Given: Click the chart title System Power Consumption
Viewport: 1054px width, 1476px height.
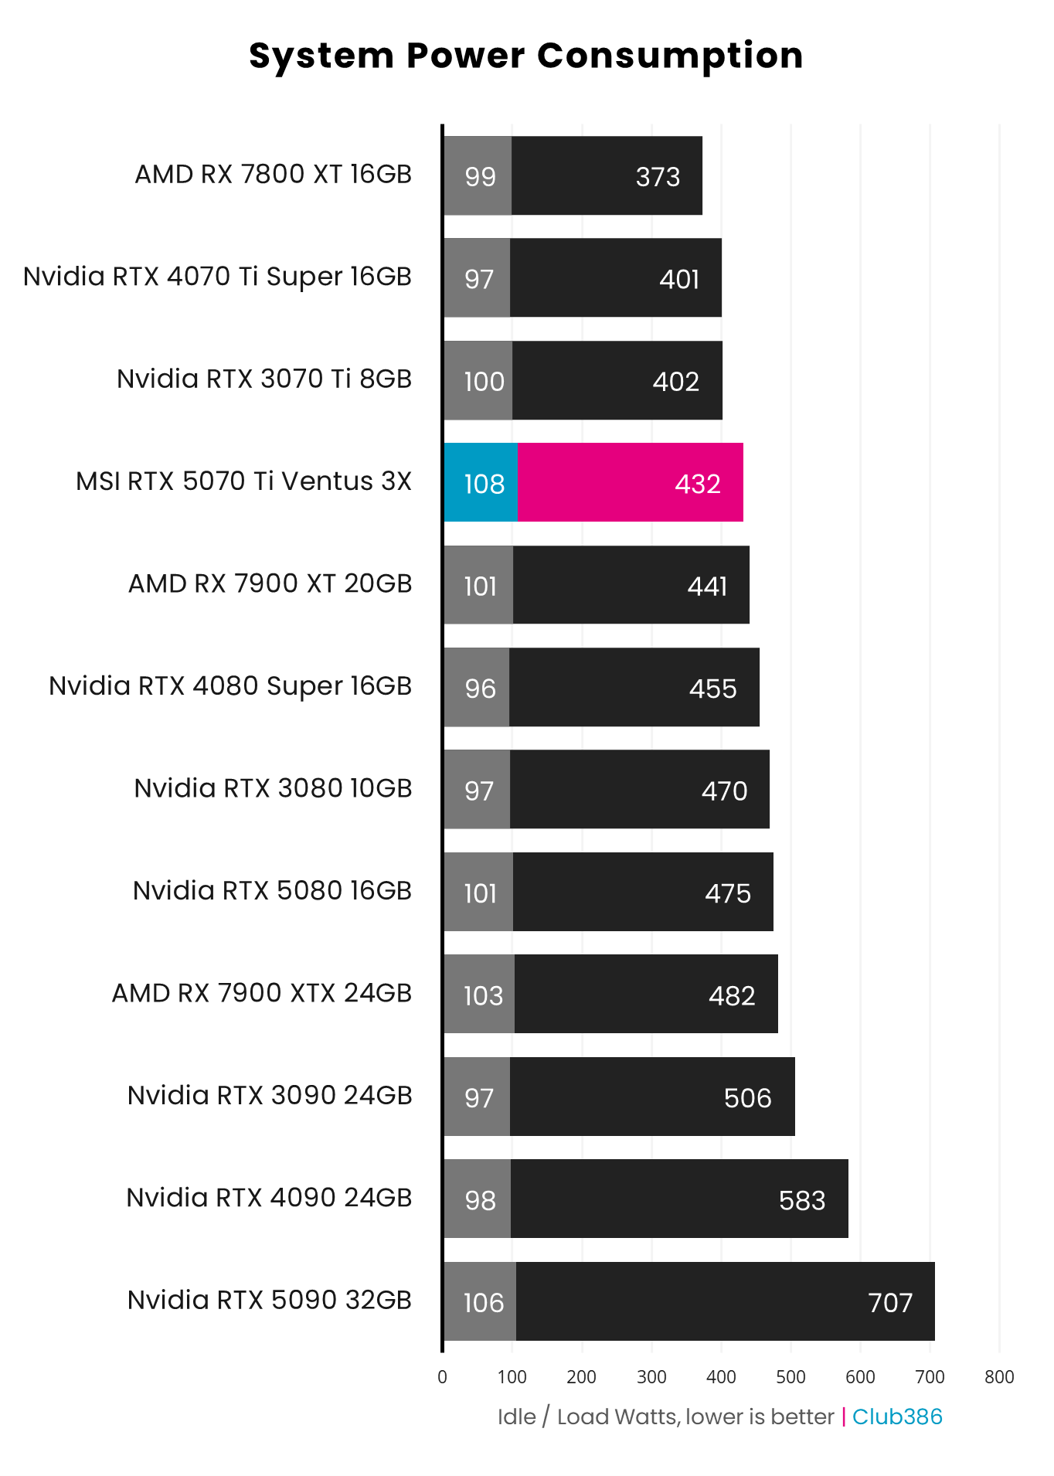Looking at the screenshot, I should pyautogui.click(x=526, y=56).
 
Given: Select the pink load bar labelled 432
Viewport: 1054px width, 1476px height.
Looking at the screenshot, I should pyautogui.click(x=630, y=483).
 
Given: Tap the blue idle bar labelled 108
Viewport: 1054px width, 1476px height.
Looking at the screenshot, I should pyautogui.click(x=481, y=483).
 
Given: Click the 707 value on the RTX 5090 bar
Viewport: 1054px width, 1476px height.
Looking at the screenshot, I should pyautogui.click(x=890, y=1303).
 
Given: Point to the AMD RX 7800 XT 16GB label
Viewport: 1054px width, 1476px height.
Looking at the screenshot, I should pyautogui.click(x=274, y=175).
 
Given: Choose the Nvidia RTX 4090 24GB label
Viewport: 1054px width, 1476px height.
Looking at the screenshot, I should pyautogui.click(x=269, y=1198).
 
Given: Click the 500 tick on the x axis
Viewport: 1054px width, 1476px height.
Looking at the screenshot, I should pyautogui.click(x=790, y=1377).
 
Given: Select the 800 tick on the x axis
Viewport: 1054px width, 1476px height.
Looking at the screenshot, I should pyautogui.click(x=999, y=1377).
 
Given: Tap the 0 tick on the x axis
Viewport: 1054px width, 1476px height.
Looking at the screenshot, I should pyautogui.click(x=442, y=1377).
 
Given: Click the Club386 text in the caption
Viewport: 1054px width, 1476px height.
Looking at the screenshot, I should pyautogui.click(x=897, y=1416).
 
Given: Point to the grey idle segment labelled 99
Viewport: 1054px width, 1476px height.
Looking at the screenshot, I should pyautogui.click(x=479, y=176).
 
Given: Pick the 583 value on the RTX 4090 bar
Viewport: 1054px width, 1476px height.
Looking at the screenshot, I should pyautogui.click(x=802, y=1201).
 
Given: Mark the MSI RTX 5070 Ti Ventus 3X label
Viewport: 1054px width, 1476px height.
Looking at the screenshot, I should pyautogui.click(x=243, y=481).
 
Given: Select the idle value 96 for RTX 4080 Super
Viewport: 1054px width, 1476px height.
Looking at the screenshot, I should pyautogui.click(x=480, y=689).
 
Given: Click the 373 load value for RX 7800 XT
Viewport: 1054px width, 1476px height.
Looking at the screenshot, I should pyautogui.click(x=658, y=177).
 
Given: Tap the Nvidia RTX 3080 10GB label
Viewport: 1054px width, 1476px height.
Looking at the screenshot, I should pyautogui.click(x=273, y=788).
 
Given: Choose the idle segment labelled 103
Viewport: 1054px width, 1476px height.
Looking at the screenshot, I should pyautogui.click(x=482, y=995).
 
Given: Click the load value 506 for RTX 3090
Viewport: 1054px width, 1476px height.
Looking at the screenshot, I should pyautogui.click(x=747, y=1098).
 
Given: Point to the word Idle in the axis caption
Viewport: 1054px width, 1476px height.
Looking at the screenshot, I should pyautogui.click(x=516, y=1416).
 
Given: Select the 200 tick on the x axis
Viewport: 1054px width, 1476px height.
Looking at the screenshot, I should pyautogui.click(x=581, y=1377).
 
